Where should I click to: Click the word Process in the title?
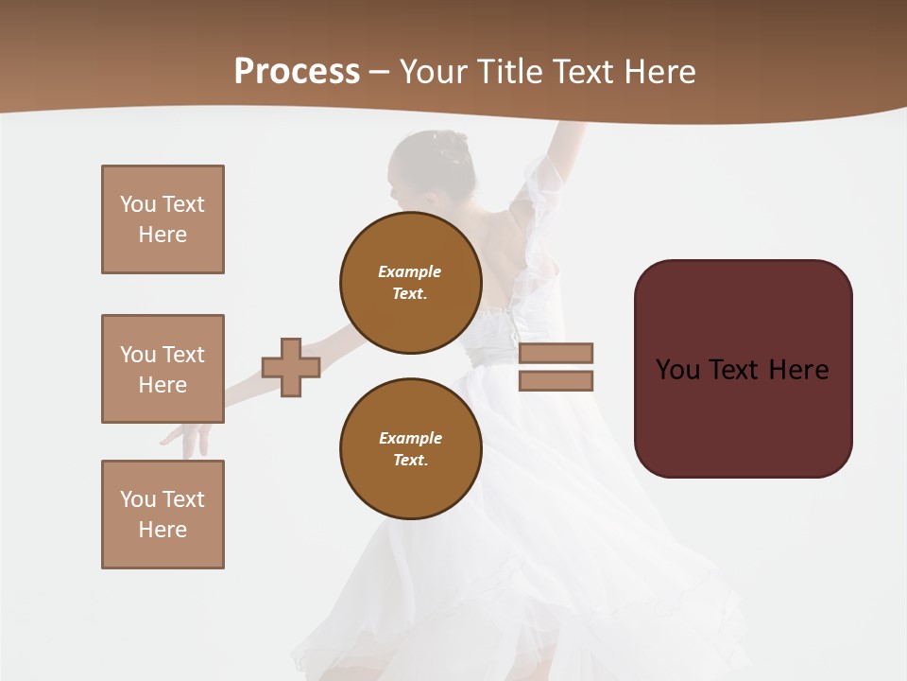[297, 72]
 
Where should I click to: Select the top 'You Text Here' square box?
[163, 219]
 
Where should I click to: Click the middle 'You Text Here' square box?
[163, 369]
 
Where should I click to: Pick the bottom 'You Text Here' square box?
[163, 515]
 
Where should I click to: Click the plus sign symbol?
[291, 367]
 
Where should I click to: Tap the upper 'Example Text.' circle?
[411, 283]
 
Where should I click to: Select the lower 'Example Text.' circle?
[411, 449]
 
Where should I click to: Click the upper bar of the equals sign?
[556, 353]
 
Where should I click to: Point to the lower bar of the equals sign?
[556, 381]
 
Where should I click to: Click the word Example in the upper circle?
[409, 271]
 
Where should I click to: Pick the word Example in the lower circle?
[410, 438]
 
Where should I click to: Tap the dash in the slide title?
[379, 73]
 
